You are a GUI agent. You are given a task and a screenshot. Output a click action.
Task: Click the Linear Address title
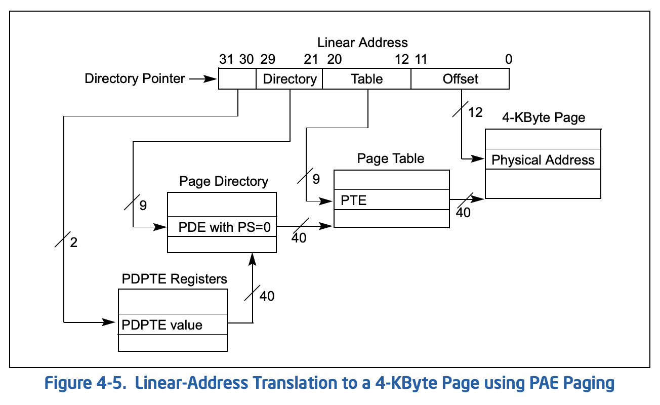[x=362, y=43]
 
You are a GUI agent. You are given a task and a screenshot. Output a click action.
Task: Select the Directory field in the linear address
[x=290, y=78]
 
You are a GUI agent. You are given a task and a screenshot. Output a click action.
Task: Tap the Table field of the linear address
[x=367, y=78]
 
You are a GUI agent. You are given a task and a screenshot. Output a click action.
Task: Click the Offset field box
[x=460, y=78]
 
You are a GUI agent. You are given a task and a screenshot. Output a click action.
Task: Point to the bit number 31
[x=226, y=59]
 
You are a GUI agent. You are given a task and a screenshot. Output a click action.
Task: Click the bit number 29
[x=268, y=59]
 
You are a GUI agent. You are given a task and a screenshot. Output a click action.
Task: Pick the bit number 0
[x=509, y=59]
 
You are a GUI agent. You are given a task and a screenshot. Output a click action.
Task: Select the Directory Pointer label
[x=135, y=78]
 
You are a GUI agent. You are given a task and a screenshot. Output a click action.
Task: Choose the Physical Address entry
[x=543, y=159]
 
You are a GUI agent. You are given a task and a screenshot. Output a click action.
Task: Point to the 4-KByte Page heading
[x=544, y=117]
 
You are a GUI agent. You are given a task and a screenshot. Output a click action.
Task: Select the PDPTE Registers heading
[x=175, y=279]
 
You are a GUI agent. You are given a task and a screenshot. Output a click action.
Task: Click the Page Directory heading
[x=224, y=181]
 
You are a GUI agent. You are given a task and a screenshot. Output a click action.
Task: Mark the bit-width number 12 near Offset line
[x=475, y=112]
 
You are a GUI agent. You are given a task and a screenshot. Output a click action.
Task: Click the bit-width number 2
[x=74, y=242]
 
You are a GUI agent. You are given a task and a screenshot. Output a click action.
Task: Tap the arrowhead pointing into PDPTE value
[x=108, y=322]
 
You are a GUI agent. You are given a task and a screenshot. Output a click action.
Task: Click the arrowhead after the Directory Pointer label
[x=210, y=79]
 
